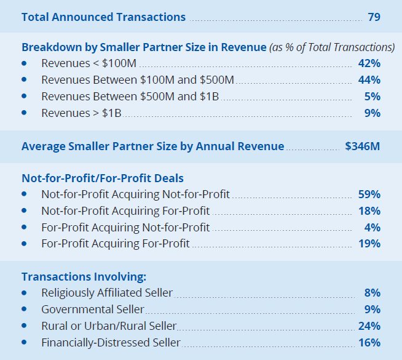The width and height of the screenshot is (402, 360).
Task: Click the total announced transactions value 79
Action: coord(374,17)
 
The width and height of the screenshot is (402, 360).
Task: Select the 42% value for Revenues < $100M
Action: coord(369,63)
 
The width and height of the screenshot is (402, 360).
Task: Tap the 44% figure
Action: coord(369,80)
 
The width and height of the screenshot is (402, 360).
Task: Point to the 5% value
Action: coord(372,97)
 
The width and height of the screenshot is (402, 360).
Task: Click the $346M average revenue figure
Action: coord(363,146)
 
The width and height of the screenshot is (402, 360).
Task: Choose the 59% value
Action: coord(369,194)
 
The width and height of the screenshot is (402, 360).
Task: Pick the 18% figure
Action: coord(369,211)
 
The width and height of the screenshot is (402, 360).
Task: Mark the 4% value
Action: coord(372,228)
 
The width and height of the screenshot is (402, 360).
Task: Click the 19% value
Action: coord(369,244)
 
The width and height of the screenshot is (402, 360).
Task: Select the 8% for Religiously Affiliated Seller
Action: coord(372,293)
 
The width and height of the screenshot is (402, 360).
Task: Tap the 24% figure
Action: coord(369,326)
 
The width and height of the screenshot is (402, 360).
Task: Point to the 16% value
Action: coord(369,343)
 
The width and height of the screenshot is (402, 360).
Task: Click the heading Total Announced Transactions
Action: coord(103,17)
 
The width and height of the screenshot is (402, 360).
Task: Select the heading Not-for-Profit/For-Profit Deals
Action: coord(103,178)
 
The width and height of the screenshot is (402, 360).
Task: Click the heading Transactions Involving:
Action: coord(84,277)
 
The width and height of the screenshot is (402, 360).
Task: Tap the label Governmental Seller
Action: coord(93,310)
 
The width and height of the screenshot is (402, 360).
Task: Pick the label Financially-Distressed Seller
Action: coord(111,343)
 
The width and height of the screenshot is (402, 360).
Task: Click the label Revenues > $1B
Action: coord(82,113)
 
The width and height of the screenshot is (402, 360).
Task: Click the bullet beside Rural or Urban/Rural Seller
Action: coord(24,326)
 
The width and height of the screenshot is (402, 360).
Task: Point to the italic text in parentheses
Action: coord(332,47)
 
